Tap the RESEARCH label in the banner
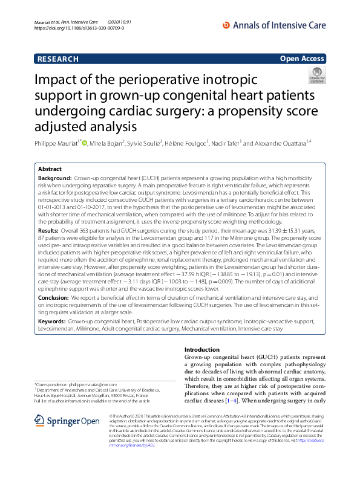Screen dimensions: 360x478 coord(58,59)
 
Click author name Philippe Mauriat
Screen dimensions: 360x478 coord(57,143)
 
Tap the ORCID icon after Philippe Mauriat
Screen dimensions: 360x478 coord(85,143)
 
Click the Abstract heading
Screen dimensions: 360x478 coord(50,169)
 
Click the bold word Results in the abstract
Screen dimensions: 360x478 coord(48,231)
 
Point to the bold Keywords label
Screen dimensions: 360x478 coord(53,323)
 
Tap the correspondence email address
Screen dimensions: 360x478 coord(94,384)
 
